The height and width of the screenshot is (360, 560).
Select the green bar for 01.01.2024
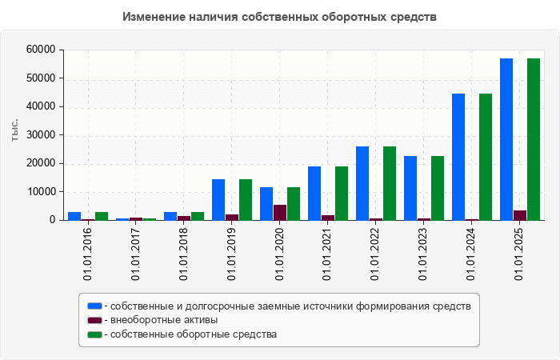coord(486,157)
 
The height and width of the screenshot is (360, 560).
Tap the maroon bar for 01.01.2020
coord(280,212)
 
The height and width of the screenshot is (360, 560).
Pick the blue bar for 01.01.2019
coord(218,199)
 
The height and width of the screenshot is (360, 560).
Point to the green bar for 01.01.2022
coord(390,183)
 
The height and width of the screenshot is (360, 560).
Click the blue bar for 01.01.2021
coord(314,193)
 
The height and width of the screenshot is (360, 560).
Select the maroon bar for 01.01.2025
coord(520,215)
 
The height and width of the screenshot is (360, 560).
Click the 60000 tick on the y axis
coord(41,50)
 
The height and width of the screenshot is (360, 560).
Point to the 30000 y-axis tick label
coord(41,135)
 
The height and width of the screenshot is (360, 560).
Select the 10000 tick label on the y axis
coord(41,192)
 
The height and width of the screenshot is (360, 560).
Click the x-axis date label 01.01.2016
coord(88,253)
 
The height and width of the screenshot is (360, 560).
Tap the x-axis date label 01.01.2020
coord(280,253)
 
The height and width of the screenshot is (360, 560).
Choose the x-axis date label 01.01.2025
coord(520,253)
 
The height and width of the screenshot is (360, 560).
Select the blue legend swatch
coord(95,306)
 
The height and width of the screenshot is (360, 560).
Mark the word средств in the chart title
coord(411,16)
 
